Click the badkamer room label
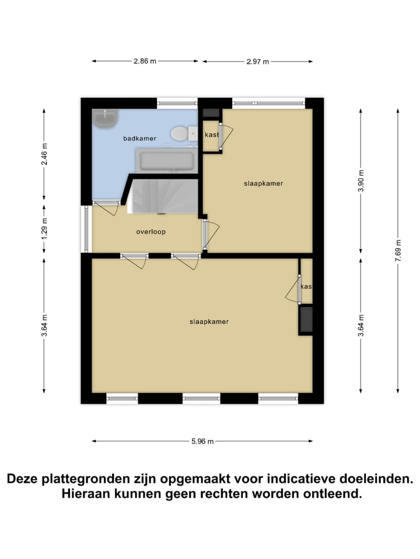pos(139,139)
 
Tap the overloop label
pos(151,232)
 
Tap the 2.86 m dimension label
pos(145,61)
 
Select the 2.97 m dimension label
pos(257,61)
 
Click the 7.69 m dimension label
pos(398,250)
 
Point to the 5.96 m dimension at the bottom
pos(202,441)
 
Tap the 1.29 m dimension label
pos(44,228)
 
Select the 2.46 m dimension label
pos(44,154)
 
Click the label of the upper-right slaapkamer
pos(263,183)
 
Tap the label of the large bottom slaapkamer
pos(208,321)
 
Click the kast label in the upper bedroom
pos(211,135)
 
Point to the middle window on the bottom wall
pos(201,398)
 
